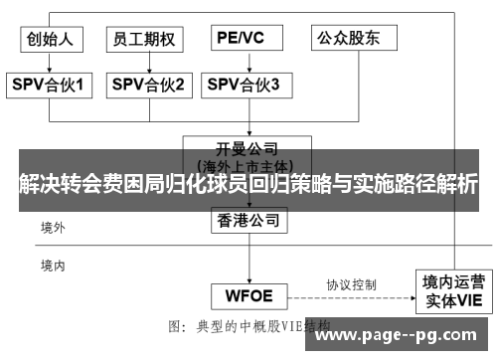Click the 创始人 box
pos(51,40)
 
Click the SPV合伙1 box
pos(51,86)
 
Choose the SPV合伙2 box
pos(147,86)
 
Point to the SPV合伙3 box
pos(244,86)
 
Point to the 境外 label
pos(53,228)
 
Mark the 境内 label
pos(53,266)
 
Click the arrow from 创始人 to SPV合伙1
pos(51,63)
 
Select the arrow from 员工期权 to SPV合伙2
pos(147,63)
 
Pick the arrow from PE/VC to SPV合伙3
pos(242,63)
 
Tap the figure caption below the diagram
pos(248,325)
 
